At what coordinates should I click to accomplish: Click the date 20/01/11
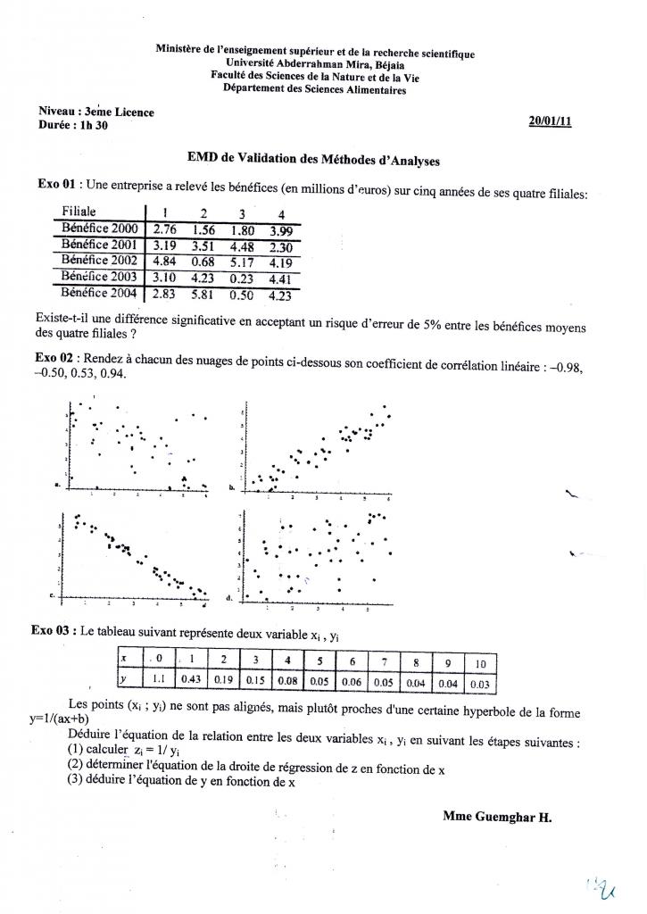point(550,121)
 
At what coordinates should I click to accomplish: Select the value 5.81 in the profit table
point(203,293)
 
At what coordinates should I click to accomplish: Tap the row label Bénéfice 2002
point(98,261)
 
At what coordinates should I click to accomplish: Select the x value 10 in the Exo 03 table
point(479,663)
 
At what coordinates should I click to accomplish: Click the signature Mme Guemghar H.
point(497,816)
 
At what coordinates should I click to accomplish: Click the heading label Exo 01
point(55,185)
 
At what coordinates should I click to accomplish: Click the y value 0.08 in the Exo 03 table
point(287,681)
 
